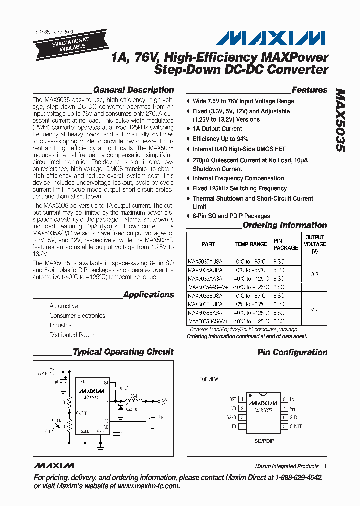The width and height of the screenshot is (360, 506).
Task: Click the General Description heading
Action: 133,90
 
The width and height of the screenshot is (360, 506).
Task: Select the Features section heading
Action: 309,90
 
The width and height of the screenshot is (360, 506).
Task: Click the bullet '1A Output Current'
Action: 217,129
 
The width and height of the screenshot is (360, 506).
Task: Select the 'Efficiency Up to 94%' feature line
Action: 220,139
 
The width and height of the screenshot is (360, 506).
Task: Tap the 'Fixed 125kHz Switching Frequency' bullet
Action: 240,188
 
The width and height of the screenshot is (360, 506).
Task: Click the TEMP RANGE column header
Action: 251,244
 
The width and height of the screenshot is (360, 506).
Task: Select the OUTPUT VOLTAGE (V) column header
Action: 314,244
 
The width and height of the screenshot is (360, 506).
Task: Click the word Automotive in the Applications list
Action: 64,306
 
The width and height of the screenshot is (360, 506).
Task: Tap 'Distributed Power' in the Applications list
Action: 72,335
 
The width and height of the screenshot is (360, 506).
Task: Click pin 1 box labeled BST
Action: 242,400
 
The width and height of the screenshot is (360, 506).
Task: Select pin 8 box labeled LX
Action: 283,400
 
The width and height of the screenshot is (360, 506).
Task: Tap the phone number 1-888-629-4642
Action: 296,478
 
